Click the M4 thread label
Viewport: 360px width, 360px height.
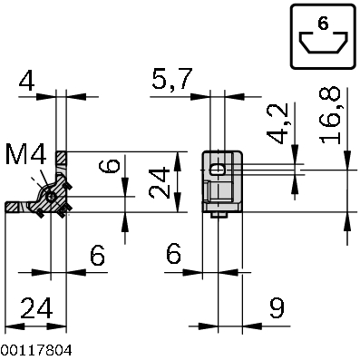[26, 154]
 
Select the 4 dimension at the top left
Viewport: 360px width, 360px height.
[26, 81]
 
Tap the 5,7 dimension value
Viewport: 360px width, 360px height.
[171, 79]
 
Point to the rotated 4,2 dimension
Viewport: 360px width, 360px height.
[278, 123]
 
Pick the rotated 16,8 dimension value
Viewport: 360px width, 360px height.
[330, 115]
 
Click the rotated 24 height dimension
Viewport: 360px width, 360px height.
[160, 183]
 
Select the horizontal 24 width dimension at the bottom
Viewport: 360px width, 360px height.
[36, 308]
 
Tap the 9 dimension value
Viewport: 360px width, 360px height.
[277, 308]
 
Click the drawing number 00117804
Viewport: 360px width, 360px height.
[36, 351]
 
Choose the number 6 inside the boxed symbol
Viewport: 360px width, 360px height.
[323, 24]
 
